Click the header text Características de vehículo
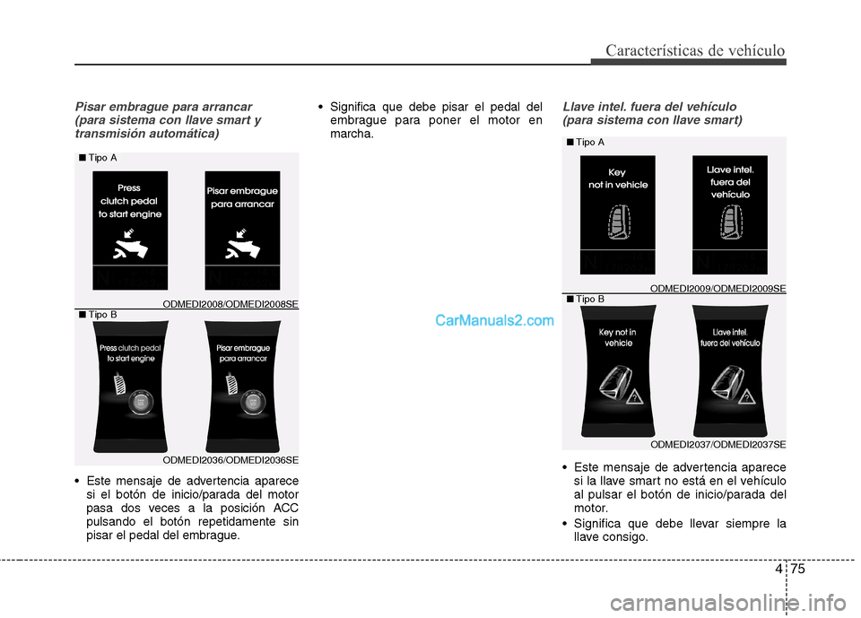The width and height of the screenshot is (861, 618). pyautogui.click(x=695, y=50)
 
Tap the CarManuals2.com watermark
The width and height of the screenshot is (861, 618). pyautogui.click(x=494, y=320)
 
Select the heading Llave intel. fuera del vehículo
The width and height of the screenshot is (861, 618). pyautogui.click(x=649, y=107)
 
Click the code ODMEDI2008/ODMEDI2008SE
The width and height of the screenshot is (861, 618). pyautogui.click(x=230, y=304)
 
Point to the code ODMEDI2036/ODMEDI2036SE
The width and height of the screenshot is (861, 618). pyautogui.click(x=230, y=460)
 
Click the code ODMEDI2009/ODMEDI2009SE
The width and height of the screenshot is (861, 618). pyautogui.click(x=717, y=288)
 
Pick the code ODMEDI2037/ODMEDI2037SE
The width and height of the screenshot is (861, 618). pyautogui.click(x=717, y=444)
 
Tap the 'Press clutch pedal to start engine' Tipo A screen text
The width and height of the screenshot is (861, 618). pyautogui.click(x=130, y=201)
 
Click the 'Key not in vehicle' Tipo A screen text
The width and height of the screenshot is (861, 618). pyautogui.click(x=617, y=178)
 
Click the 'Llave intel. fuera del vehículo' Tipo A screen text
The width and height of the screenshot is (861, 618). pyautogui.click(x=730, y=181)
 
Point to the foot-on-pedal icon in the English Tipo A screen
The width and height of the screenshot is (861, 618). pyautogui.click(x=130, y=246)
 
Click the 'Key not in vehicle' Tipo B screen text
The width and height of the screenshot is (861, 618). pyautogui.click(x=618, y=337)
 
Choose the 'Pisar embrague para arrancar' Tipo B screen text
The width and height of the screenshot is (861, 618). pyautogui.click(x=242, y=353)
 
